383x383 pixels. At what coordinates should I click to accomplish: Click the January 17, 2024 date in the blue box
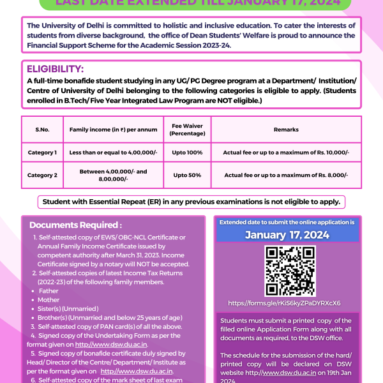coord(287,235)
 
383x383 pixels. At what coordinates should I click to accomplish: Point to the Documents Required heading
coord(75,225)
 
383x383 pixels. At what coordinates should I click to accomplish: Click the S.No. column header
coord(42,129)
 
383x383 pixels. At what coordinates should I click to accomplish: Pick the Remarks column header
coord(286,129)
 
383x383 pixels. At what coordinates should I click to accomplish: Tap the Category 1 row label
coord(42,153)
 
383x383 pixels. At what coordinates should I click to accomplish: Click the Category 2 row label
coord(42,175)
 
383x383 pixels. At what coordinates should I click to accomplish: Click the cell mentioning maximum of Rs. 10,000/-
coord(286,153)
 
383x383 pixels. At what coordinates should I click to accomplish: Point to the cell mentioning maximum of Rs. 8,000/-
coord(286,175)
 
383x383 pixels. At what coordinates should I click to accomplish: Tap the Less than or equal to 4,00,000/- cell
coord(114,153)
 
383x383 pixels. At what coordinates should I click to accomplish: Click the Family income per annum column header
coord(114,129)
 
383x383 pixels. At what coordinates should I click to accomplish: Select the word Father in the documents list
coord(49,290)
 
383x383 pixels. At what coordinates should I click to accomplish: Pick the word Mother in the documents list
coord(49,299)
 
